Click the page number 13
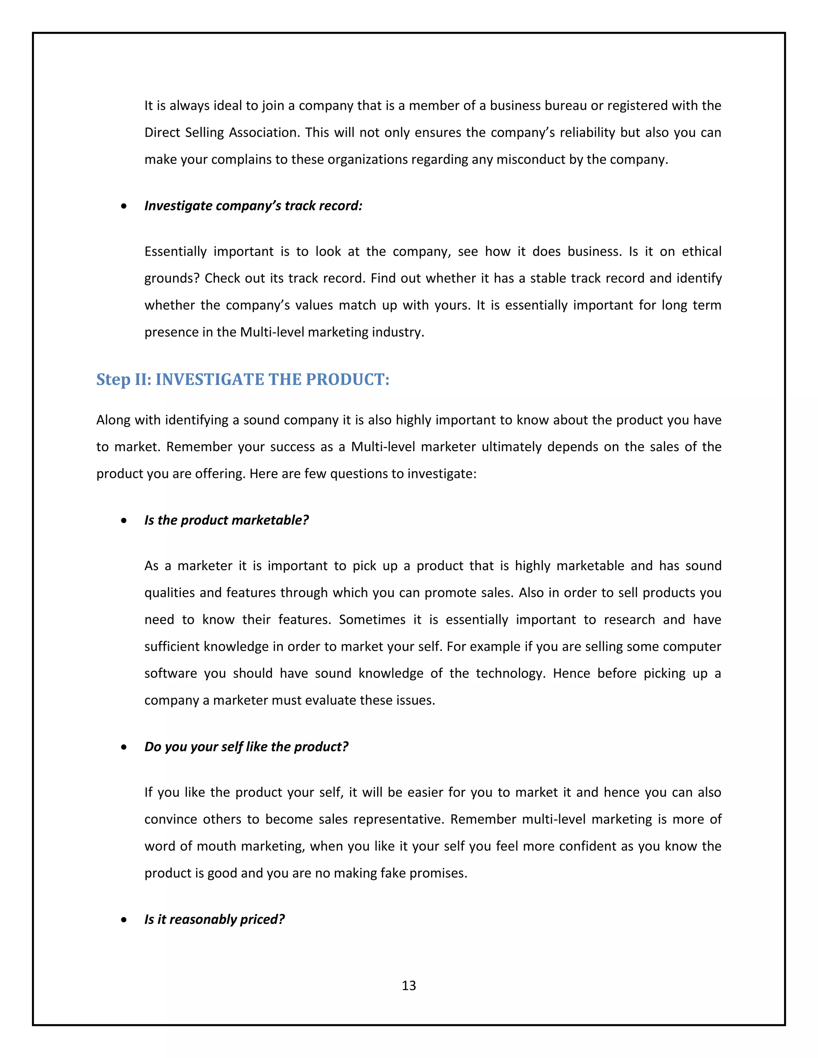click(409, 985)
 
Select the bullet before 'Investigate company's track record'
click(125, 206)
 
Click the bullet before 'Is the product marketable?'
click(125, 521)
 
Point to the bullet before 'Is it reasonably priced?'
click(125, 920)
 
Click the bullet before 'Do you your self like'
click(125, 747)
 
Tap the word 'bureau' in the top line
click(562, 106)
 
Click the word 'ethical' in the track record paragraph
click(701, 252)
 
